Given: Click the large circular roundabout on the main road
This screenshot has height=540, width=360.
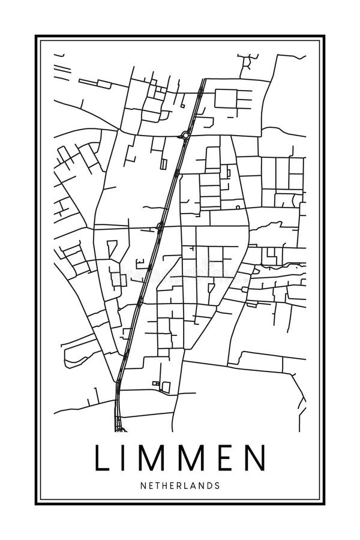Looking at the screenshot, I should [x=186, y=136].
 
